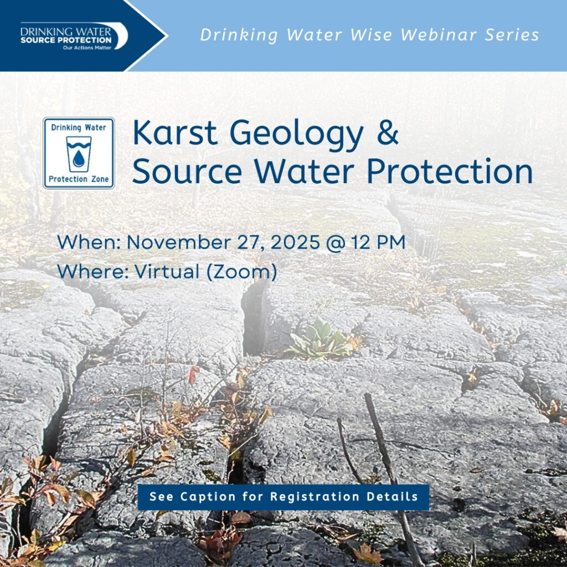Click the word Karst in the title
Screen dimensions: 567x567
[x=175, y=133]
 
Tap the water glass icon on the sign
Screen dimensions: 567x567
[x=79, y=153]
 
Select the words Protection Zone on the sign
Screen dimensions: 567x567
[x=79, y=179]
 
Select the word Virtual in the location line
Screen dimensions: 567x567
[x=167, y=272]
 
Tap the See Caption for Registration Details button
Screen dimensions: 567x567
[x=283, y=497]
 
